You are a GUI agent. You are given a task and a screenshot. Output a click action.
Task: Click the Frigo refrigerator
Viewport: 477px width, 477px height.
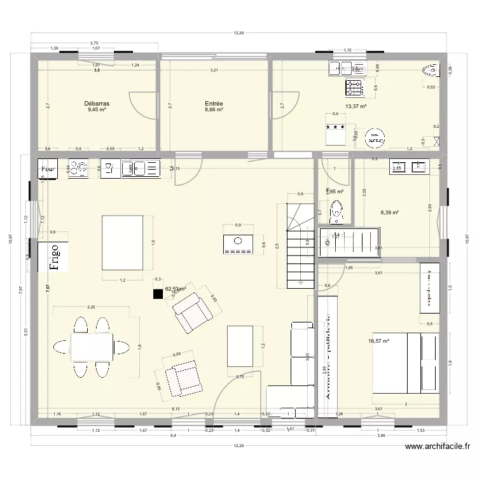point(55,258)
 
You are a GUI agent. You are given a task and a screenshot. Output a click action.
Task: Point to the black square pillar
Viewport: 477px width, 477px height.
point(156,294)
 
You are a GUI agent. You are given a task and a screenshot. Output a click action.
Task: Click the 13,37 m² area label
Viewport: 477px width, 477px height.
point(356,107)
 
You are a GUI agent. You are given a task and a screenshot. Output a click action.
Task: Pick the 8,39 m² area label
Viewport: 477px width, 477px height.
point(389,213)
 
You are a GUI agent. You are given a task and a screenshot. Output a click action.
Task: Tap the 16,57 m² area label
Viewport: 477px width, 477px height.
point(378,341)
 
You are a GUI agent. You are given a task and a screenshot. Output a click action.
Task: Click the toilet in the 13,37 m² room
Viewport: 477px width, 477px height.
point(431,71)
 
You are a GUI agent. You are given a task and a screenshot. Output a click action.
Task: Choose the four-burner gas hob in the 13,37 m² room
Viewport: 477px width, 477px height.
point(354,86)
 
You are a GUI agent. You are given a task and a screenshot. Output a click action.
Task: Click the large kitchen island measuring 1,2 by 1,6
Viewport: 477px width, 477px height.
point(123,242)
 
